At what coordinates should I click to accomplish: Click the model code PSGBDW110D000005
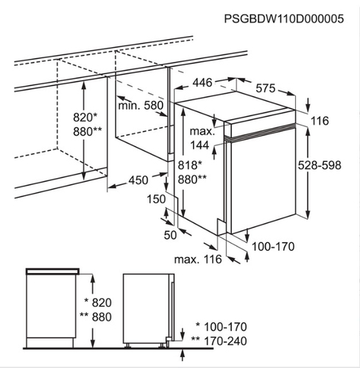(284, 18)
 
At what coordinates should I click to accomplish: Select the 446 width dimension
(202, 82)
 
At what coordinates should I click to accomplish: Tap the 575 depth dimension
(266, 88)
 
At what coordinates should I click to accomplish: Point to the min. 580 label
(141, 105)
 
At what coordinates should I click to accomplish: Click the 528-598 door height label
(320, 165)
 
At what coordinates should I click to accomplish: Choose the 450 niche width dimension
(138, 180)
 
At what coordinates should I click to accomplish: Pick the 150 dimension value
(156, 199)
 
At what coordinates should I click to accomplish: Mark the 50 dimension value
(170, 235)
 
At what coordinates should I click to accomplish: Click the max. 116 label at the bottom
(198, 259)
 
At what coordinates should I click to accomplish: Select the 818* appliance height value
(190, 165)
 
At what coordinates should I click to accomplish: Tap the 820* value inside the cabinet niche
(85, 117)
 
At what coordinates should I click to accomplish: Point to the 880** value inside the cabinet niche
(87, 132)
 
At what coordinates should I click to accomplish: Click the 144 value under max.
(200, 145)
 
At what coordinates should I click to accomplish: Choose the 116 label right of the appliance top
(320, 121)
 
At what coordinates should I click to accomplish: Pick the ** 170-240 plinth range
(219, 341)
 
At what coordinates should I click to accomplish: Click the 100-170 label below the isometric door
(273, 247)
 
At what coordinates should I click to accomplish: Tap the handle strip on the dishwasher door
(260, 132)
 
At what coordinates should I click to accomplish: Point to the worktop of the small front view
(52, 271)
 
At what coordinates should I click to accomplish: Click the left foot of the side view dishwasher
(127, 345)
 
